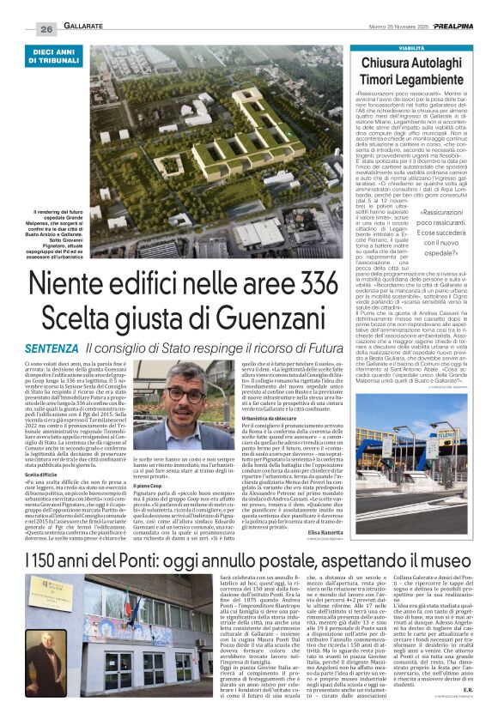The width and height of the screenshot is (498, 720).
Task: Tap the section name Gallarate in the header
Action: [x=87, y=28]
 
